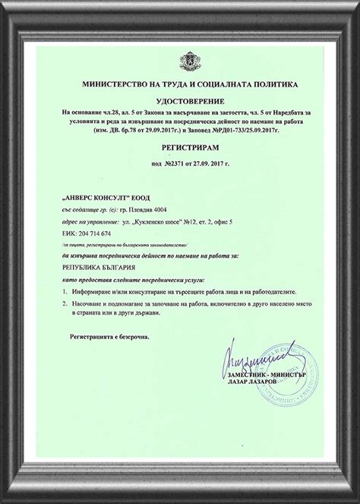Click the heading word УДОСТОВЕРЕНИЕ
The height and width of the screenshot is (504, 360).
click(180, 98)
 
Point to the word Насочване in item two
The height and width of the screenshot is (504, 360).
click(93, 303)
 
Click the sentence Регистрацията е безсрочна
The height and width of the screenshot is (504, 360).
click(111, 334)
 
